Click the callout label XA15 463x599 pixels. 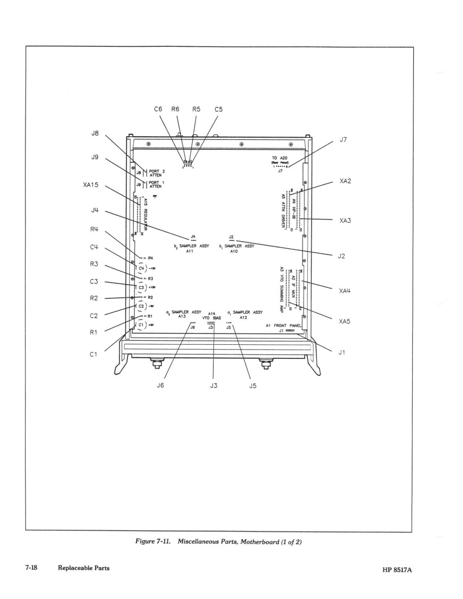(x=91, y=185)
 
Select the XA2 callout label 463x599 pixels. (x=345, y=181)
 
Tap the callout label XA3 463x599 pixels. (x=345, y=221)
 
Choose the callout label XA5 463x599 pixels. (x=345, y=321)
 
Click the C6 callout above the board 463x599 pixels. (x=158, y=109)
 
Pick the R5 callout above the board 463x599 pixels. (x=196, y=109)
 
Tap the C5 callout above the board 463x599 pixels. (x=219, y=109)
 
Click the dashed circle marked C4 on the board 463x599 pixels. (x=141, y=268)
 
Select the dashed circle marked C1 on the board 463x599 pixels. (x=141, y=325)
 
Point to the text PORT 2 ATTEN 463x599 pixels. (x=157, y=173)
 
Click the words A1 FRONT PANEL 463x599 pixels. (x=283, y=326)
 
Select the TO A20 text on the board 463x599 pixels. (x=279, y=158)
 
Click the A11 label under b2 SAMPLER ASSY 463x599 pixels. (x=190, y=252)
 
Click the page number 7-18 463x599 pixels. (x=31, y=568)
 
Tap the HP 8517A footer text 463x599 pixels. (x=396, y=570)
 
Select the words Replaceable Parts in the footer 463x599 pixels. (x=83, y=568)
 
